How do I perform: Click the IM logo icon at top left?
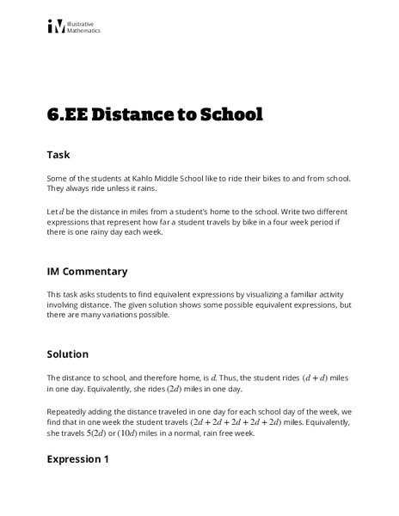point(56,28)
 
